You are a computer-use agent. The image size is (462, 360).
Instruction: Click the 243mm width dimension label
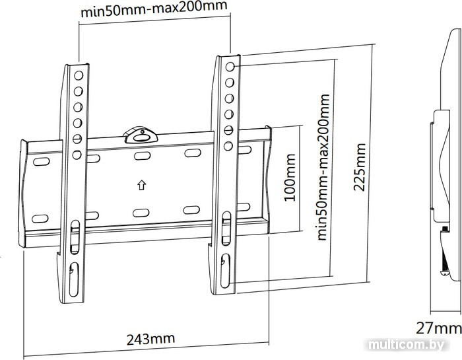[x=150, y=339]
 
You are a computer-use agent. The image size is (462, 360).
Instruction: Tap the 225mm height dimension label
[x=359, y=167]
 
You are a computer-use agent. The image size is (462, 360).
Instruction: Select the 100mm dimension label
[x=290, y=178]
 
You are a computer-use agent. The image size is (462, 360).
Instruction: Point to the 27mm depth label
[x=438, y=328]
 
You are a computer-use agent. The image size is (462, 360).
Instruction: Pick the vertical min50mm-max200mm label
[x=323, y=167]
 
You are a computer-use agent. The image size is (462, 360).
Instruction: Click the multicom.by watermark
[x=406, y=345]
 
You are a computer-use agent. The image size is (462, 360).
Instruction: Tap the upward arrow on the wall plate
[x=142, y=185]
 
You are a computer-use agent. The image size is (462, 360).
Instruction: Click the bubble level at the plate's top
[x=140, y=135]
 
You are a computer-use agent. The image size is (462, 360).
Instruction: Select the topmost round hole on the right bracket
[x=230, y=67]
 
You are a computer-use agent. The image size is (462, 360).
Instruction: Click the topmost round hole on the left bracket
[x=79, y=75]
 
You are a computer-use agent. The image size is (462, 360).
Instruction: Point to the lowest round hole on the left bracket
[x=77, y=155]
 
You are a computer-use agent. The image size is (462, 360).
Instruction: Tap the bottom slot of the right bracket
[x=226, y=271]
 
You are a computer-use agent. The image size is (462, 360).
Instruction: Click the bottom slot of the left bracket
[x=74, y=279]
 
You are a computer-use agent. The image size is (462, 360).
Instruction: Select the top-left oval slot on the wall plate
[x=42, y=162]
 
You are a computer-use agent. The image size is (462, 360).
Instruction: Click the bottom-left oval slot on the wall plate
[x=40, y=219]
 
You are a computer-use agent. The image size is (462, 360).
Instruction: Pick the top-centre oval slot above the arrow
[x=143, y=156]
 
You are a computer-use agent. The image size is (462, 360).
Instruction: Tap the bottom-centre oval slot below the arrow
[x=141, y=213]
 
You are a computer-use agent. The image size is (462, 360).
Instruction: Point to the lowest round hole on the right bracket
[x=228, y=146]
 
